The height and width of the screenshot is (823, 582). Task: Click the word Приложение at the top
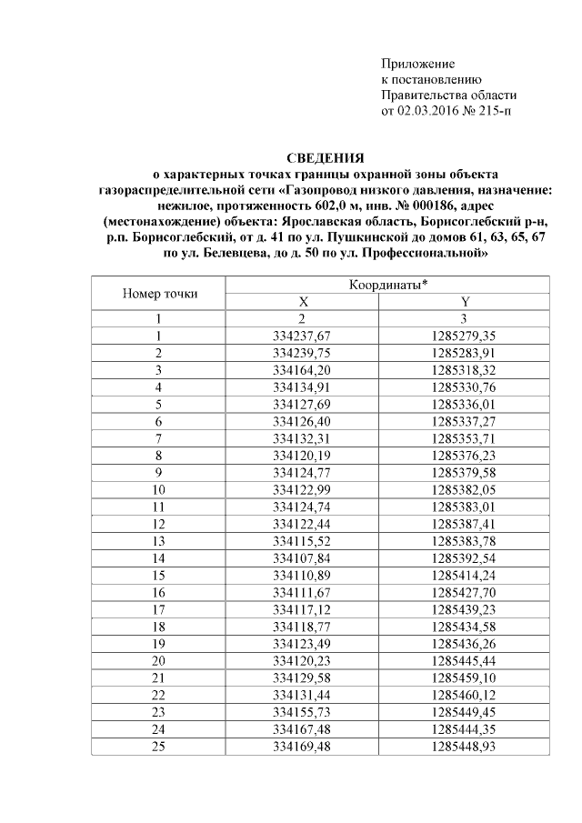pos(416,64)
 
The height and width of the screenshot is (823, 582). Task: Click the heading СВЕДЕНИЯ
pos(325,157)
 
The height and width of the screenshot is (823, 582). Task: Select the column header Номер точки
pos(159,293)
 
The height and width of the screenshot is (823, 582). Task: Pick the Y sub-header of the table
pos(465,302)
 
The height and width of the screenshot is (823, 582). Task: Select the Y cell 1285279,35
pos(465,335)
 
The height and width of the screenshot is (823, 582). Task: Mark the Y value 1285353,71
pos(465,437)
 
